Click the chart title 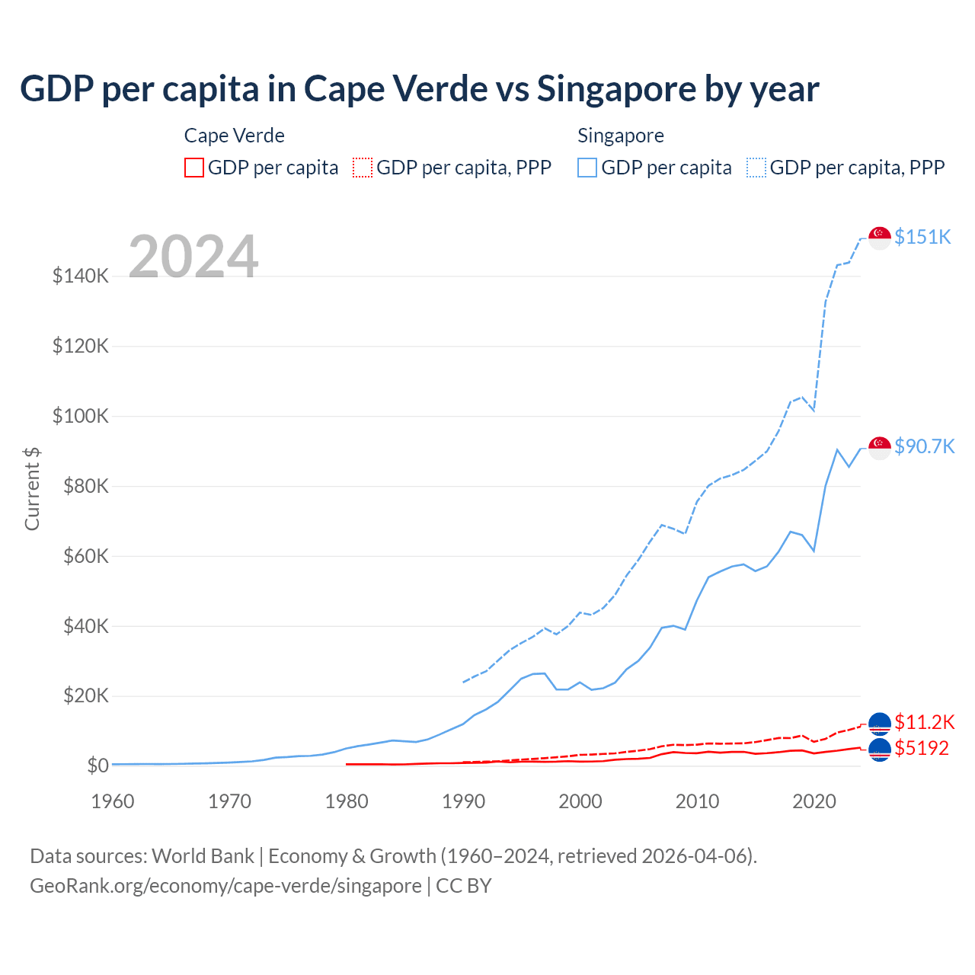coord(420,89)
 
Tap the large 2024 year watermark coord(193,257)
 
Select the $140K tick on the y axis coord(81,276)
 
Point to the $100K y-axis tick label coord(81,416)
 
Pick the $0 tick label coord(97,766)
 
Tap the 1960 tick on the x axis coord(113,801)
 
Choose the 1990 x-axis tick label coord(464,801)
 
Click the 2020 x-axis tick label coord(814,801)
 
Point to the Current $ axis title coord(32,488)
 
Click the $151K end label coord(922,237)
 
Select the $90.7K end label coord(924,446)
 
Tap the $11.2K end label coord(924,722)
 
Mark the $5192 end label coord(922,748)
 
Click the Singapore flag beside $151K coord(880,238)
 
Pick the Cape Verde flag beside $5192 coord(880,750)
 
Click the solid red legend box coord(194,168)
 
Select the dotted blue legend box coord(756,168)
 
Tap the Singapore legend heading coord(621,136)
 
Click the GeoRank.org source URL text coord(225,886)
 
